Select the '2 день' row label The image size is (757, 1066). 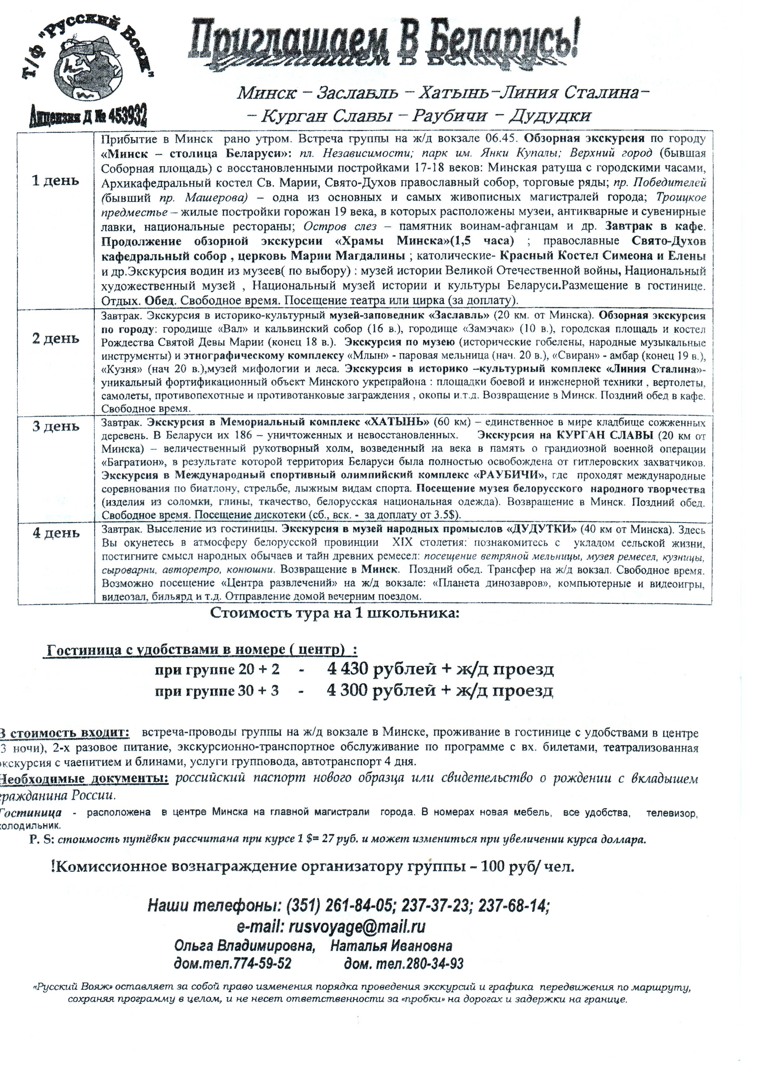coord(55,338)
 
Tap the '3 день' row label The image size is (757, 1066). coord(55,426)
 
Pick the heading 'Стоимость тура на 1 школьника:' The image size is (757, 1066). coord(335,613)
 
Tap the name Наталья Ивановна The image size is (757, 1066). coord(391,946)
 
